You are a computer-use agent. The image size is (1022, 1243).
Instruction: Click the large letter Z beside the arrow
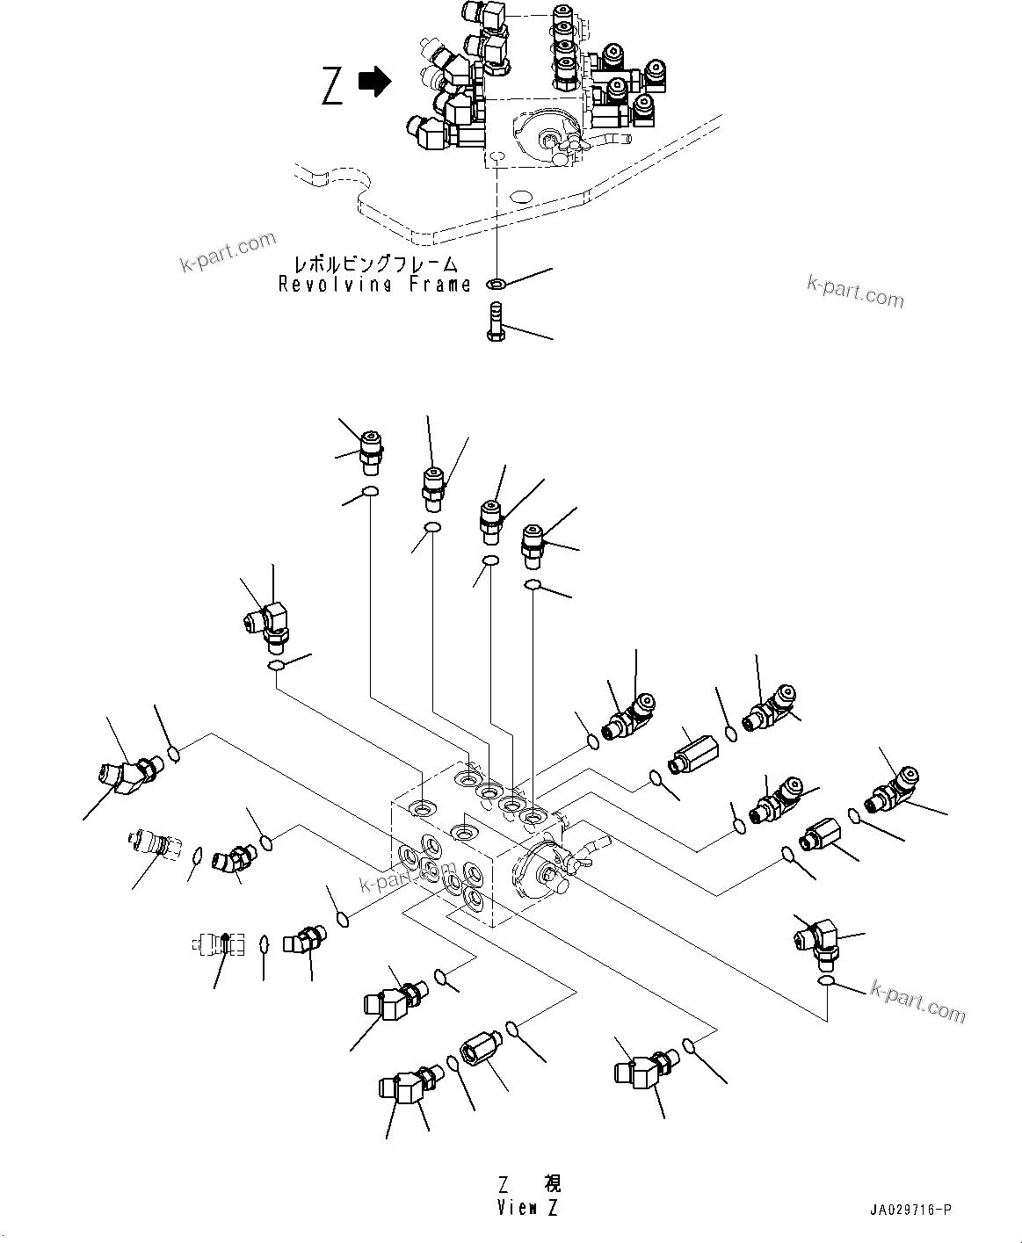pyautogui.click(x=332, y=86)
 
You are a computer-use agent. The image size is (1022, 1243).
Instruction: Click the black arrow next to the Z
pyautogui.click(x=375, y=83)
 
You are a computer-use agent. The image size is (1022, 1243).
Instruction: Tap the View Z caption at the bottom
pyautogui.click(x=526, y=1208)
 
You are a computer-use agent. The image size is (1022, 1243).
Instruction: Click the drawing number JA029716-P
pyautogui.click(x=912, y=1210)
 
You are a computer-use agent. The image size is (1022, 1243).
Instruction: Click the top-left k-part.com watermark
pyautogui.click(x=228, y=252)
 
